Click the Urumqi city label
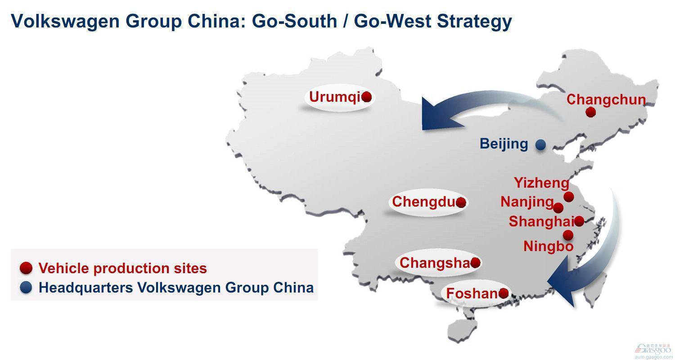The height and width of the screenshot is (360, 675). point(334,97)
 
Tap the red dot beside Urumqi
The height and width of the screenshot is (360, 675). point(366,97)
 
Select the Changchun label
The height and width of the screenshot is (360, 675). point(606,99)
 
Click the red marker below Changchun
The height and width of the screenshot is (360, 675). point(591,112)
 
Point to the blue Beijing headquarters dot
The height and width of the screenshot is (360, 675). point(540,144)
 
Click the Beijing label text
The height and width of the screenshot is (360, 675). point(504,144)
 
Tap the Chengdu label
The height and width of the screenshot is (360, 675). point(423,202)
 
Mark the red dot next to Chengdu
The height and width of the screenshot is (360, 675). point(461,202)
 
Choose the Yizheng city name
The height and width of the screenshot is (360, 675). point(541,183)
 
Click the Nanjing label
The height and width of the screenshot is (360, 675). point(526,202)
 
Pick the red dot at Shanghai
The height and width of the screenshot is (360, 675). point(579,221)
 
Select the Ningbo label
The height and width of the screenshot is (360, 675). point(548,246)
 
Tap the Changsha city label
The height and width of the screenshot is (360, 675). point(434,262)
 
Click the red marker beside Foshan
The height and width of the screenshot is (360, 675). point(504,293)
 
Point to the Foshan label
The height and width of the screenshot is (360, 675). point(471,293)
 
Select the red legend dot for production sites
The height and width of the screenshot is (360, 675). point(26,268)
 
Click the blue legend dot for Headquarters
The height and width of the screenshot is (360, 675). point(26,288)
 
